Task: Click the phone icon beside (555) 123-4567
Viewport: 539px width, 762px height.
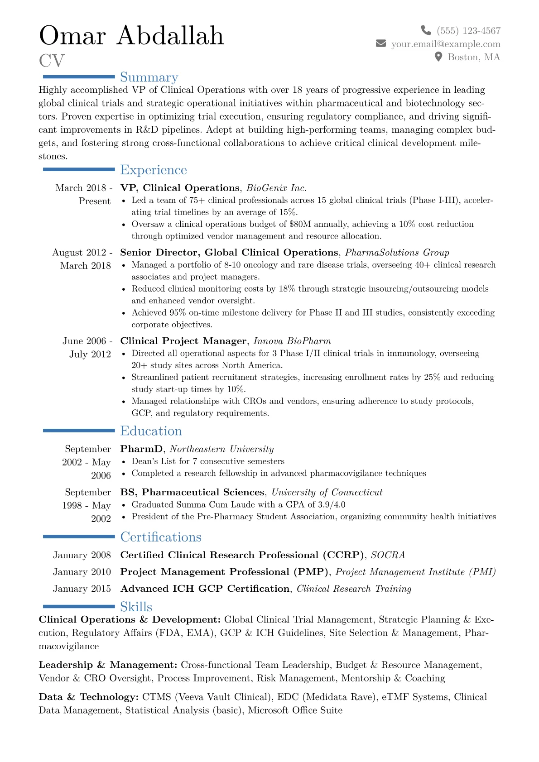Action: (426, 30)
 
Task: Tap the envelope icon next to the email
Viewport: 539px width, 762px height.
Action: (381, 43)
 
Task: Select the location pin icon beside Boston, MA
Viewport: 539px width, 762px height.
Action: (438, 57)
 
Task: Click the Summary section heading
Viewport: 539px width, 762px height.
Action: (149, 77)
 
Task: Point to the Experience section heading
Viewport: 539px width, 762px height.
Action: (154, 170)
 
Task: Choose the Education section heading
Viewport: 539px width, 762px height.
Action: (151, 431)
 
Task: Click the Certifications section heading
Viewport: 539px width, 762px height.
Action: (161, 537)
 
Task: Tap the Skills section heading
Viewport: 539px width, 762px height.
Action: (136, 607)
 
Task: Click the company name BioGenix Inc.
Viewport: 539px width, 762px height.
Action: (277, 188)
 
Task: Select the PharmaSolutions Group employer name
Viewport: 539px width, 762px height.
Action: (397, 253)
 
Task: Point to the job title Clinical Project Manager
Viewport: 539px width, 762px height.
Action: (183, 341)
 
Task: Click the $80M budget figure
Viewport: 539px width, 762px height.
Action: (300, 224)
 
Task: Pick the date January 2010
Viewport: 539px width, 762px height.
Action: (82, 572)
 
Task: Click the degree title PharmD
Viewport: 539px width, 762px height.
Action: (141, 449)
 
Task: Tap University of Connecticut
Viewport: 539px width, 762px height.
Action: (327, 492)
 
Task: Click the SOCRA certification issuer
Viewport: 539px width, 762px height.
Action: (388, 555)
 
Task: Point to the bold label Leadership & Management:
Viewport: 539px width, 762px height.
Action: (108, 665)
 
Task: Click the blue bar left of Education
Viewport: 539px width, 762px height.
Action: (79, 431)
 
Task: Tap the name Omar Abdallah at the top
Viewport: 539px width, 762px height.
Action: (131, 35)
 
